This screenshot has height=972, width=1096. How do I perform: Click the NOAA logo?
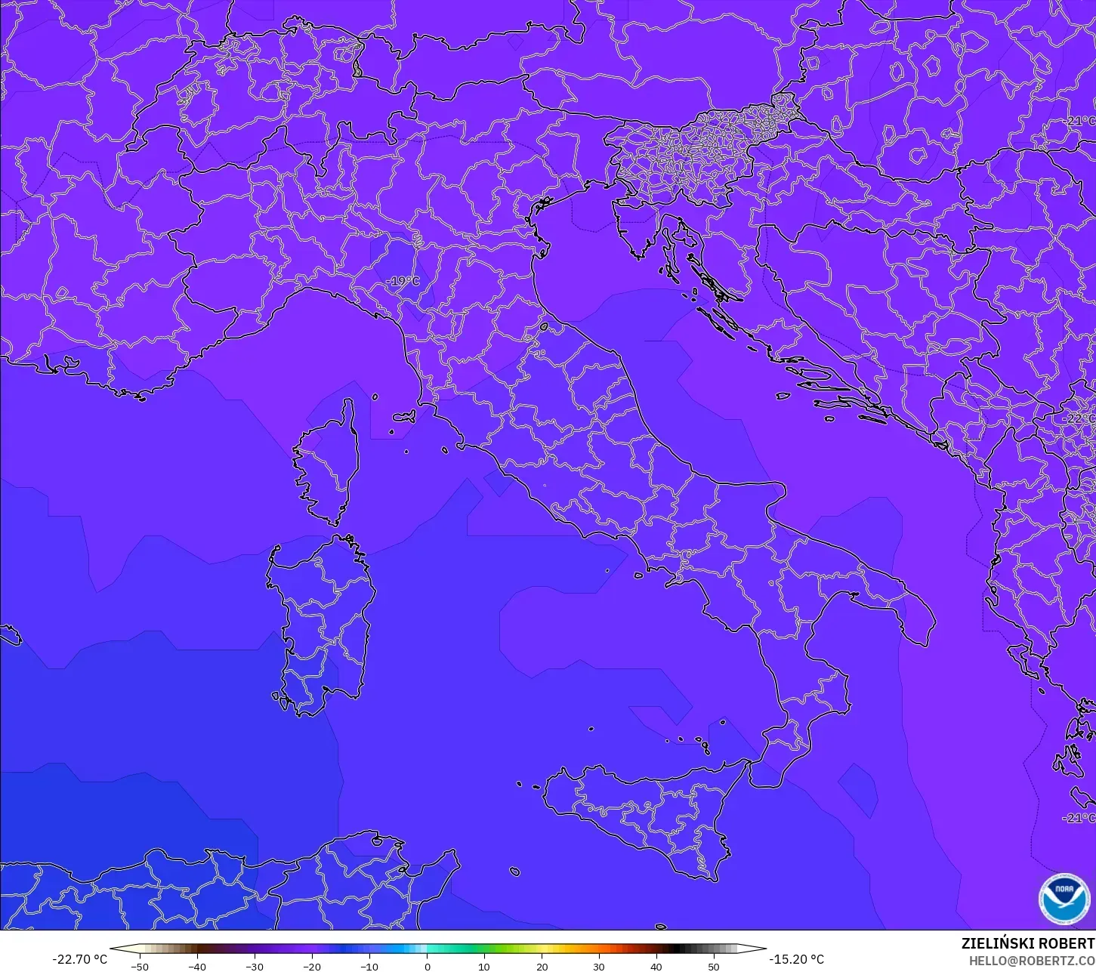(1064, 899)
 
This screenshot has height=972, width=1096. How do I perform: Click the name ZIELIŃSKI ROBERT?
(1027, 944)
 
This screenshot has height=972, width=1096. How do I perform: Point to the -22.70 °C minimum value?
(79, 959)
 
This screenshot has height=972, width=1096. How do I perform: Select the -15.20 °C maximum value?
(796, 959)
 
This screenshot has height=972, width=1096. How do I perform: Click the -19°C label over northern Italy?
(402, 282)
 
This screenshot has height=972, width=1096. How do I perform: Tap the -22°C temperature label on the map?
(1078, 418)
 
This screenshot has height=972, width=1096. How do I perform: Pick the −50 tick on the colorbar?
(139, 966)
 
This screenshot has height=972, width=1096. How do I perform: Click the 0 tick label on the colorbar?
(427, 966)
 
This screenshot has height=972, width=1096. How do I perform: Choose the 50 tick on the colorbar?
(714, 966)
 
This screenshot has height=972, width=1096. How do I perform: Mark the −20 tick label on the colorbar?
(311, 966)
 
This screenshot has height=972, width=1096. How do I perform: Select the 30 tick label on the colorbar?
(599, 966)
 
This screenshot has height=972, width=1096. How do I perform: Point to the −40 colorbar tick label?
(196, 966)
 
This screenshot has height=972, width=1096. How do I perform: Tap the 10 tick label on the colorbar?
(484, 966)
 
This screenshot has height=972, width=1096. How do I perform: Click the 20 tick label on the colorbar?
(542, 966)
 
